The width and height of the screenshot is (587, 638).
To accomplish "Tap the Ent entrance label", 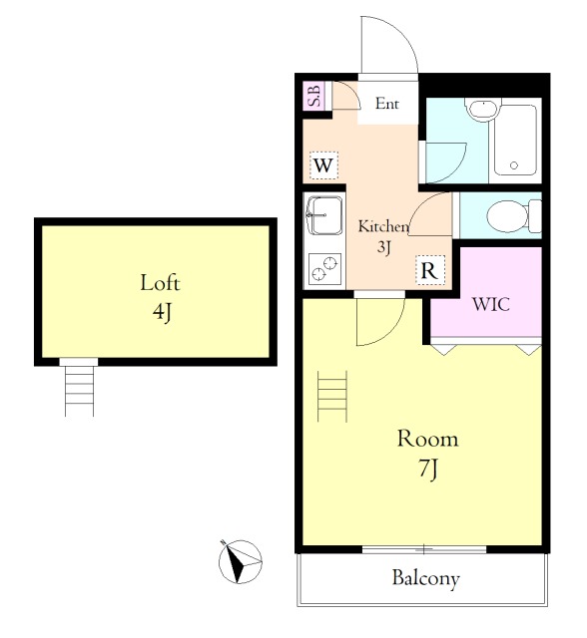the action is (x=386, y=104).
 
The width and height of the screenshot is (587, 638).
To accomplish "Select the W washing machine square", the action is (x=323, y=165).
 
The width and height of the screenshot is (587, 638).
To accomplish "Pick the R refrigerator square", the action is (x=429, y=270).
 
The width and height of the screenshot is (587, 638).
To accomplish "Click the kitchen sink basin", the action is (x=324, y=215).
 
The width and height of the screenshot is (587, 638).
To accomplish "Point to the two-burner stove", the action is (x=324, y=268).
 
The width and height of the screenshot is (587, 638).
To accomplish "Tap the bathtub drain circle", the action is (x=514, y=165).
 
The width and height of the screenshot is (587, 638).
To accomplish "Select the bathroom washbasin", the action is (x=483, y=109).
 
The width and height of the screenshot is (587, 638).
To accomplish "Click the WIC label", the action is (x=491, y=304).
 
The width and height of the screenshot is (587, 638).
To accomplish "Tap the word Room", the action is (x=427, y=439).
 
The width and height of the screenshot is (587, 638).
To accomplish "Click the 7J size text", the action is (x=427, y=471).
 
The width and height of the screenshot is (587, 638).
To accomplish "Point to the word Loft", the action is (x=160, y=283).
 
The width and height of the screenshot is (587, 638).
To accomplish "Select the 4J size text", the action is (x=162, y=312).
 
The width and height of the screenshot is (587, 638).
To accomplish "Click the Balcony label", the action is (x=425, y=578).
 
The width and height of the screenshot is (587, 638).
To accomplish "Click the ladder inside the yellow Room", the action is (x=332, y=397).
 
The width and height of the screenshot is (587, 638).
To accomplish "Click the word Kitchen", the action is (x=383, y=226).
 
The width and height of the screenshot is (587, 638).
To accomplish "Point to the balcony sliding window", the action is (x=424, y=549).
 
